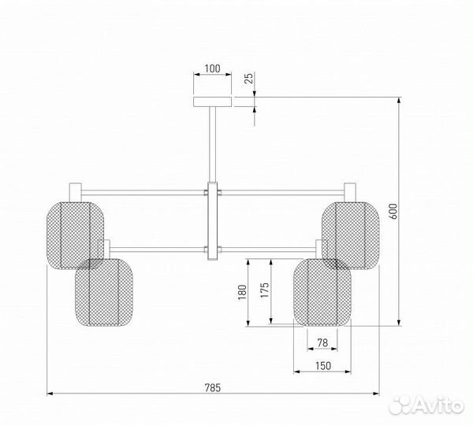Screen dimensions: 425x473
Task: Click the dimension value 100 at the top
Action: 212,68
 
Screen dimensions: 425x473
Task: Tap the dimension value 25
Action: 248,79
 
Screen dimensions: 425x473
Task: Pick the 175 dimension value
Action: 265,291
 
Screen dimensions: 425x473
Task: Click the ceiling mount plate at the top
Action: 213,101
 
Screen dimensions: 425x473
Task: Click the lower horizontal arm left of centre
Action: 158,250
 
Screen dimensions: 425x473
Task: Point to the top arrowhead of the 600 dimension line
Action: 399,101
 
